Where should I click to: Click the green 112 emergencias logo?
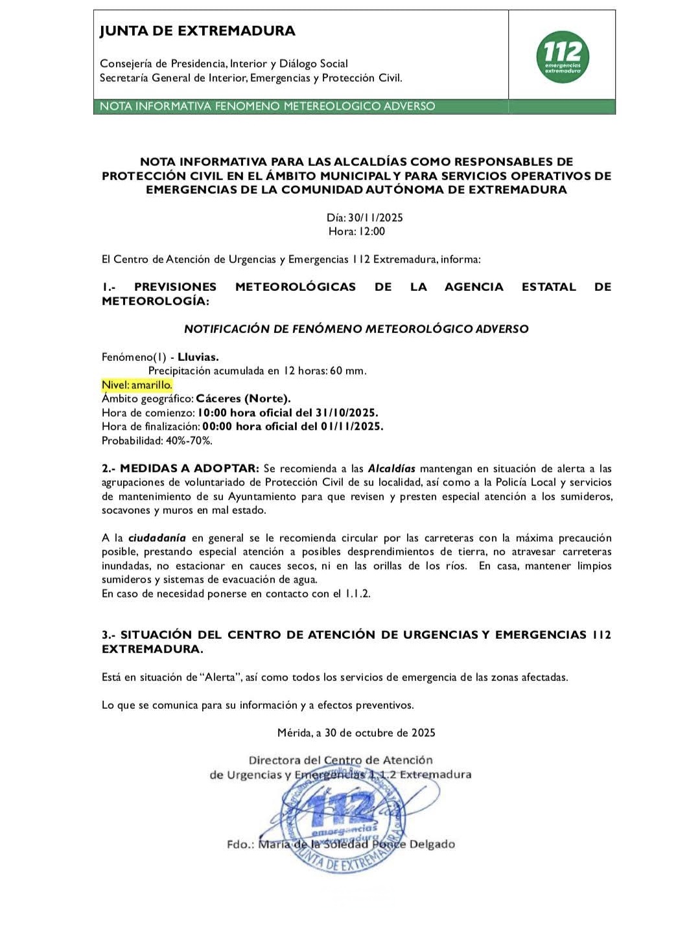(562, 57)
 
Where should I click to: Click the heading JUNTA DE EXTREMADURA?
(197, 30)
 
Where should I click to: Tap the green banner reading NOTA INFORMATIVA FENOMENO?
(267, 106)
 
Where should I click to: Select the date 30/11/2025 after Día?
(375, 218)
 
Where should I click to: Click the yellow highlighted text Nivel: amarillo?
(137, 385)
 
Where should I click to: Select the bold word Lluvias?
(198, 357)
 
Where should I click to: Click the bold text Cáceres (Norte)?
(243, 398)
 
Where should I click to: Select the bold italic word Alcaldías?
(391, 468)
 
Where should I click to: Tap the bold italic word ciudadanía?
(157, 538)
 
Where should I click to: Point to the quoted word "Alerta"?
(220, 677)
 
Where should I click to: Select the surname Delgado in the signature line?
(432, 844)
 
